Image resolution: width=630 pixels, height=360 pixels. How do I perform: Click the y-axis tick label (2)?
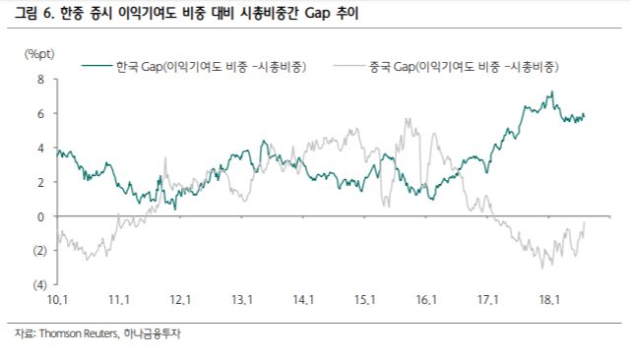[39, 250]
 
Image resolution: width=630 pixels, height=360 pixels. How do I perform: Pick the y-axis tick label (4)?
[39, 284]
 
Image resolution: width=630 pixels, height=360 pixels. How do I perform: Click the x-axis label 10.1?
[56, 299]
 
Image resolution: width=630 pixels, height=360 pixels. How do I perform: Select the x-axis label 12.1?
[179, 299]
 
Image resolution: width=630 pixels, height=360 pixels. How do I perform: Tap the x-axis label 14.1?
[302, 299]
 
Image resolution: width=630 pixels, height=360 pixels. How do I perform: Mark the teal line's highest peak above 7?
[551, 91]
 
